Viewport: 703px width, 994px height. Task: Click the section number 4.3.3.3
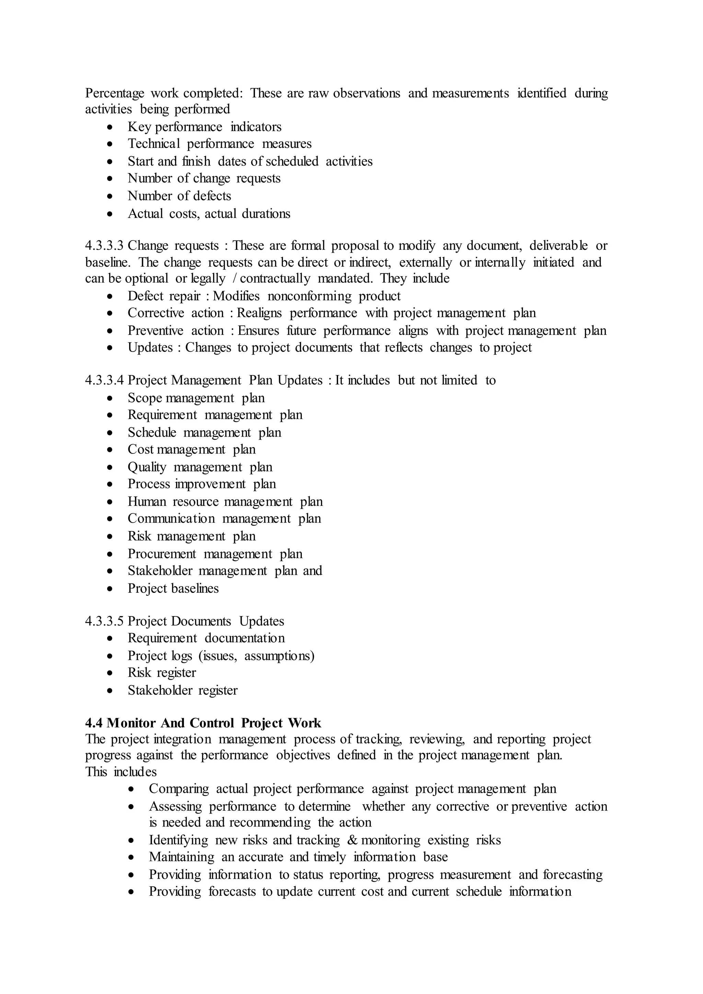[104, 246]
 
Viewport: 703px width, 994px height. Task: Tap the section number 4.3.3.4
[104, 381]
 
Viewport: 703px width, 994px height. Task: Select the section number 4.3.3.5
[104, 621]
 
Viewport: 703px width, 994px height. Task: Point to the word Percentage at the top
[114, 93]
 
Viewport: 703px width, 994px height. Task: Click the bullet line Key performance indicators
[204, 127]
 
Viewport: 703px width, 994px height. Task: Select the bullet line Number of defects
[179, 196]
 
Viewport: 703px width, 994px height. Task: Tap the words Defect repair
[164, 296]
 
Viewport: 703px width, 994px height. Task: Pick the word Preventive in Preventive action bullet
[155, 331]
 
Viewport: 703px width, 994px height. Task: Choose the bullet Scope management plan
[196, 398]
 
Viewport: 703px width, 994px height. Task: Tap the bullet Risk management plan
[191, 536]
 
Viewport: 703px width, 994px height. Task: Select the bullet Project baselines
[173, 589]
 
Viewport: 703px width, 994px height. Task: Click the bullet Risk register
[161, 673]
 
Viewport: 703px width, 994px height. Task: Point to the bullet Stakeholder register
[182, 690]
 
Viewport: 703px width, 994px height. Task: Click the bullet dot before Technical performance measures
[111, 144]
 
